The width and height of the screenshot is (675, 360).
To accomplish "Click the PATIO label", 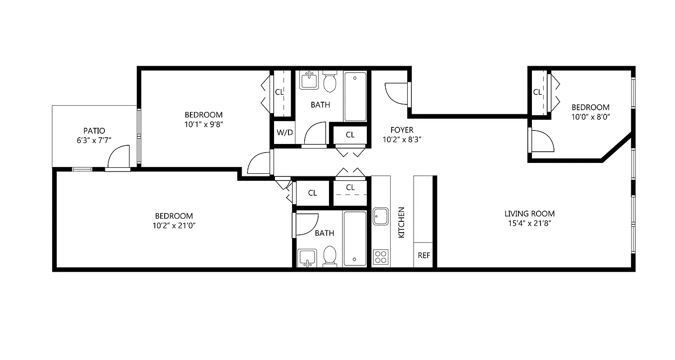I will pyautogui.click(x=94, y=131).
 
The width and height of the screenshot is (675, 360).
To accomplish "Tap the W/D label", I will pyautogui.click(x=284, y=133).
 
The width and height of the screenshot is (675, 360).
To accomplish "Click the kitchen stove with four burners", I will pyautogui.click(x=381, y=256).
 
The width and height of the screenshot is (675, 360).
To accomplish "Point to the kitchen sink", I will pyautogui.click(x=381, y=216).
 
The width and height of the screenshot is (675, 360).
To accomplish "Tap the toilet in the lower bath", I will pyautogui.click(x=330, y=256).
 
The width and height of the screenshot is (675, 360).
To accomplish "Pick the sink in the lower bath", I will pyautogui.click(x=308, y=258).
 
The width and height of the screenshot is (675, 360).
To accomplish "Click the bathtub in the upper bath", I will pyautogui.click(x=355, y=96).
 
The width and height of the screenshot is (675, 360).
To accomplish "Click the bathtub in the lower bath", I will pyautogui.click(x=355, y=238).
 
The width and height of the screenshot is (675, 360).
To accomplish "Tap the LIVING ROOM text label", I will pyautogui.click(x=529, y=214).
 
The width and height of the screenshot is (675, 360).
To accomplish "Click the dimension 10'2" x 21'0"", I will pyautogui.click(x=174, y=225).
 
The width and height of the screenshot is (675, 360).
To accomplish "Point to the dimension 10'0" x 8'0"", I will pyautogui.click(x=590, y=117).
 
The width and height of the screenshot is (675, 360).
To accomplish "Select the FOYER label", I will pyautogui.click(x=402, y=130).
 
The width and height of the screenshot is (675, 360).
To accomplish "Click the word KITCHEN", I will pyautogui.click(x=402, y=222).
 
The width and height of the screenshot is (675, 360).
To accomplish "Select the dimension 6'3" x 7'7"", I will pyautogui.click(x=94, y=140).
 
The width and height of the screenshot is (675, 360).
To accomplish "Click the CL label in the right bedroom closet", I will pyautogui.click(x=537, y=92).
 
